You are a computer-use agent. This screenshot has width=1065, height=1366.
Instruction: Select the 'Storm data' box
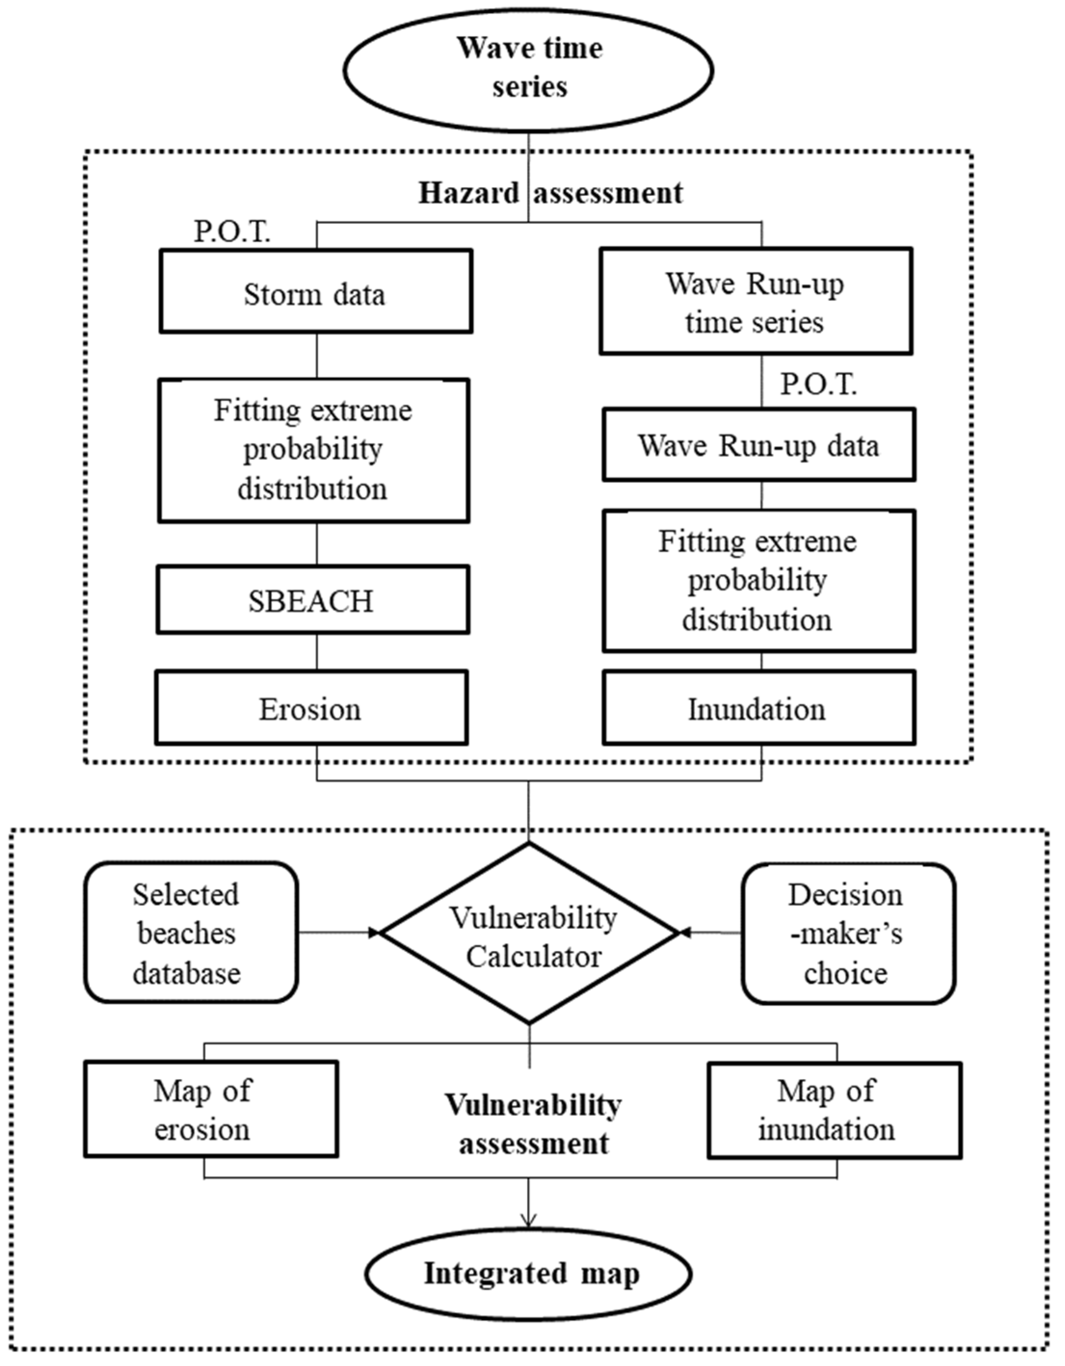pos(316,291)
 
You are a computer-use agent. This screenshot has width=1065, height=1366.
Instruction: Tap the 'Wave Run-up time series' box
pos(755,302)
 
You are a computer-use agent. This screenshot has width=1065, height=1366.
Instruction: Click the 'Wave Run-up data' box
pos(758,445)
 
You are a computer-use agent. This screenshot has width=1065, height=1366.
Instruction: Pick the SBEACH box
pos(312,600)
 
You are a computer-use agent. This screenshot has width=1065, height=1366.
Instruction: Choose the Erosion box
pos(311,708)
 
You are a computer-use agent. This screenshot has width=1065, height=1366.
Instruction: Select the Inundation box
pos(758,708)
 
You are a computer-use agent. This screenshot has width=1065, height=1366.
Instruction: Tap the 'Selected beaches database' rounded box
pos(190,933)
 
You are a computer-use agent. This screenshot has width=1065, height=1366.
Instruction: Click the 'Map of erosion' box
pos(211,1109)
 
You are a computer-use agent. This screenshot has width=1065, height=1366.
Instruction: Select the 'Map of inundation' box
pos(834,1110)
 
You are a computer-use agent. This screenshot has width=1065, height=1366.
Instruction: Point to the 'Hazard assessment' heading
pos(551,193)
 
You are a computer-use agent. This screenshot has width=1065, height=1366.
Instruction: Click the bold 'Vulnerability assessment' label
pos(533,1124)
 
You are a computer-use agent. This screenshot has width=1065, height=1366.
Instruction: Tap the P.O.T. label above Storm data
pos(232,232)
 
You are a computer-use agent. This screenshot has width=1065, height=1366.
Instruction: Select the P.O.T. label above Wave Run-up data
pos(818,384)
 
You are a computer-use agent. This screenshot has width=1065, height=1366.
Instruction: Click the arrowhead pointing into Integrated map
pos(529,1220)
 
